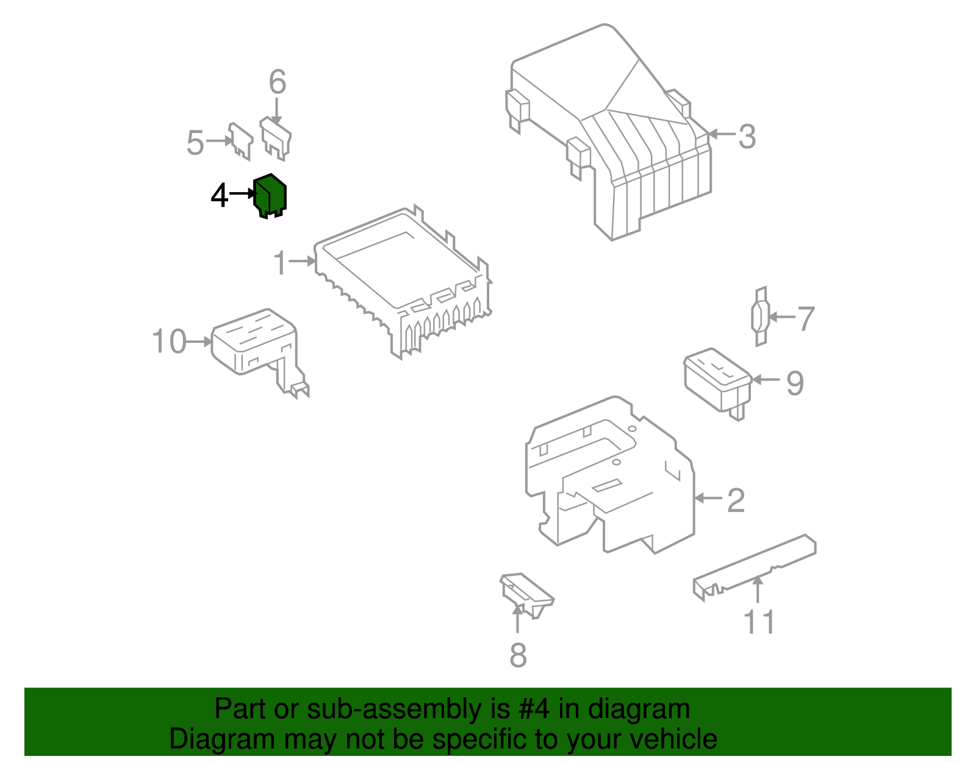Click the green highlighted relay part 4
[x=270, y=195]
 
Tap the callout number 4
[x=219, y=196]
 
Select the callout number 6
[x=278, y=82]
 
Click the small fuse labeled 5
[x=240, y=141]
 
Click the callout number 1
[x=280, y=263]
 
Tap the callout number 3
[x=747, y=137]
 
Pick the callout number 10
[x=169, y=342]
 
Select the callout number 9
[x=795, y=383]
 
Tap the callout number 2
[x=736, y=500]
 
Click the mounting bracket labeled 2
[x=610, y=476]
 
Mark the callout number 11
[x=759, y=622]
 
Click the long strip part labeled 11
[x=756, y=564]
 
